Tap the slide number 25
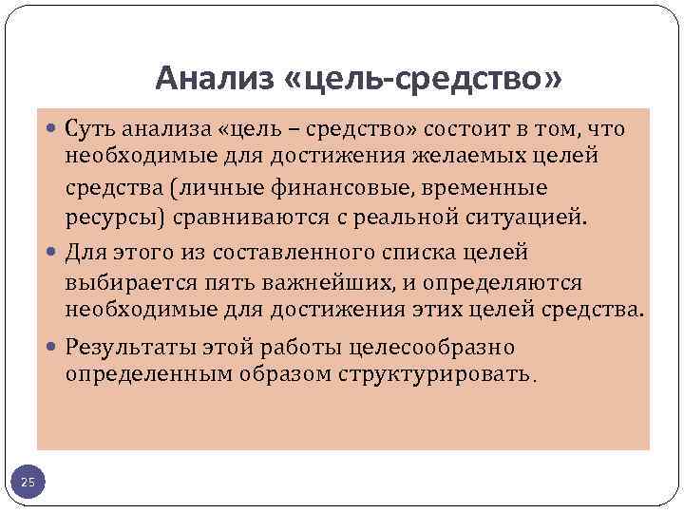pos(28,484)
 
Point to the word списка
pos(408,254)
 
